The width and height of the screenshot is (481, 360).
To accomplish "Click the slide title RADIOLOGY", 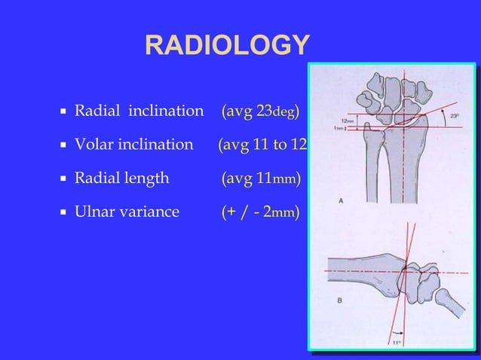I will pos(227,46).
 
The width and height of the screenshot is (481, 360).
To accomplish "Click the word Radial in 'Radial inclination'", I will pos(98,113).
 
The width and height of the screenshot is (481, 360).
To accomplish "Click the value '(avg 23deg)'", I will pos(261,113).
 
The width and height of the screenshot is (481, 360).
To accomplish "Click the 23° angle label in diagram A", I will pos(454,116).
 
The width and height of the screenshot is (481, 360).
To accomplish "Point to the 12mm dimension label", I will pos(347,121).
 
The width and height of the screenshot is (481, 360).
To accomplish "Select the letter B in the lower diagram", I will pos(340,300).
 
